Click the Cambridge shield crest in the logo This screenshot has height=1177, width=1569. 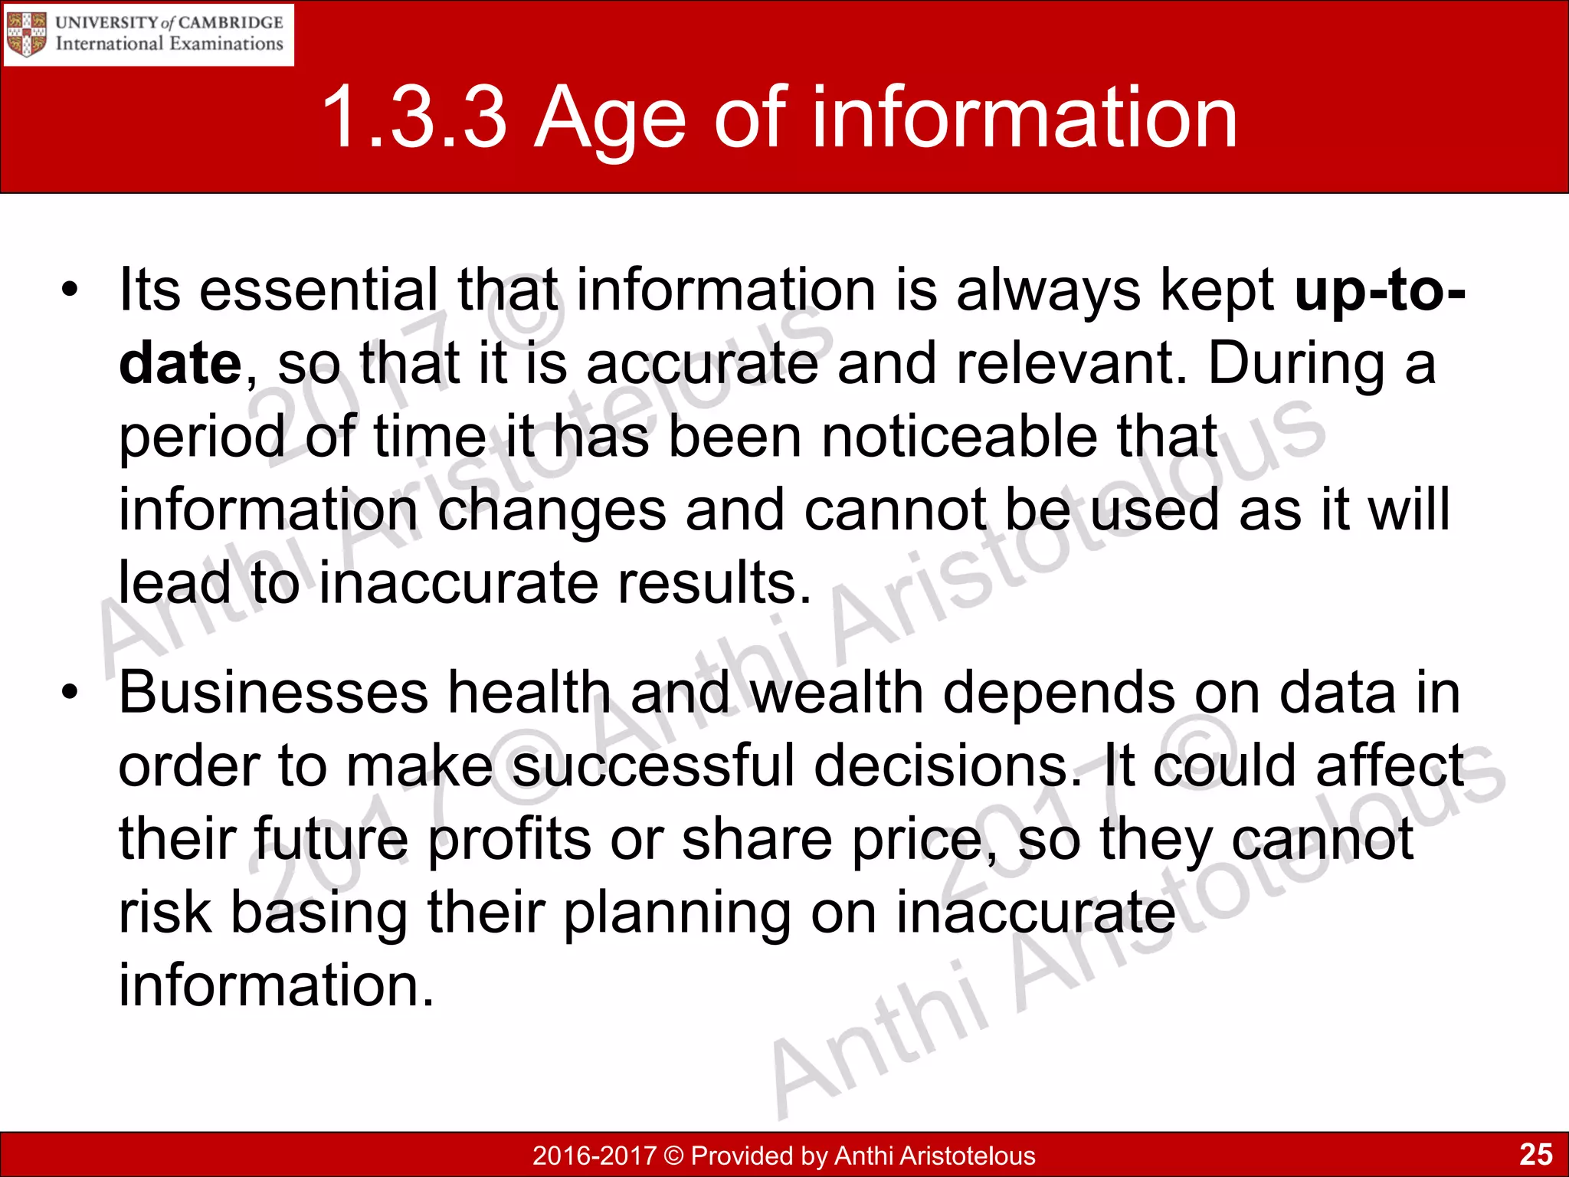(27, 34)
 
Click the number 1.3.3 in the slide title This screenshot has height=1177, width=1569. (414, 118)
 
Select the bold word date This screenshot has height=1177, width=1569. (181, 363)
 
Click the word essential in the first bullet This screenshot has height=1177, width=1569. (319, 291)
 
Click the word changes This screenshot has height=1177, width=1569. (552, 510)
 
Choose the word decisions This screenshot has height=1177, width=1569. (947, 766)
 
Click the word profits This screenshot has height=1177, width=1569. (509, 840)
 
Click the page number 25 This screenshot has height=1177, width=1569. (1535, 1154)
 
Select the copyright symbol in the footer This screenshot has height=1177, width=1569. (673, 1156)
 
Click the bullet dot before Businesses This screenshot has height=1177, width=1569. (70, 693)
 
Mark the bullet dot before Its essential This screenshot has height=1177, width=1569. (70, 291)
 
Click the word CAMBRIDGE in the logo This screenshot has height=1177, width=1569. (230, 22)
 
